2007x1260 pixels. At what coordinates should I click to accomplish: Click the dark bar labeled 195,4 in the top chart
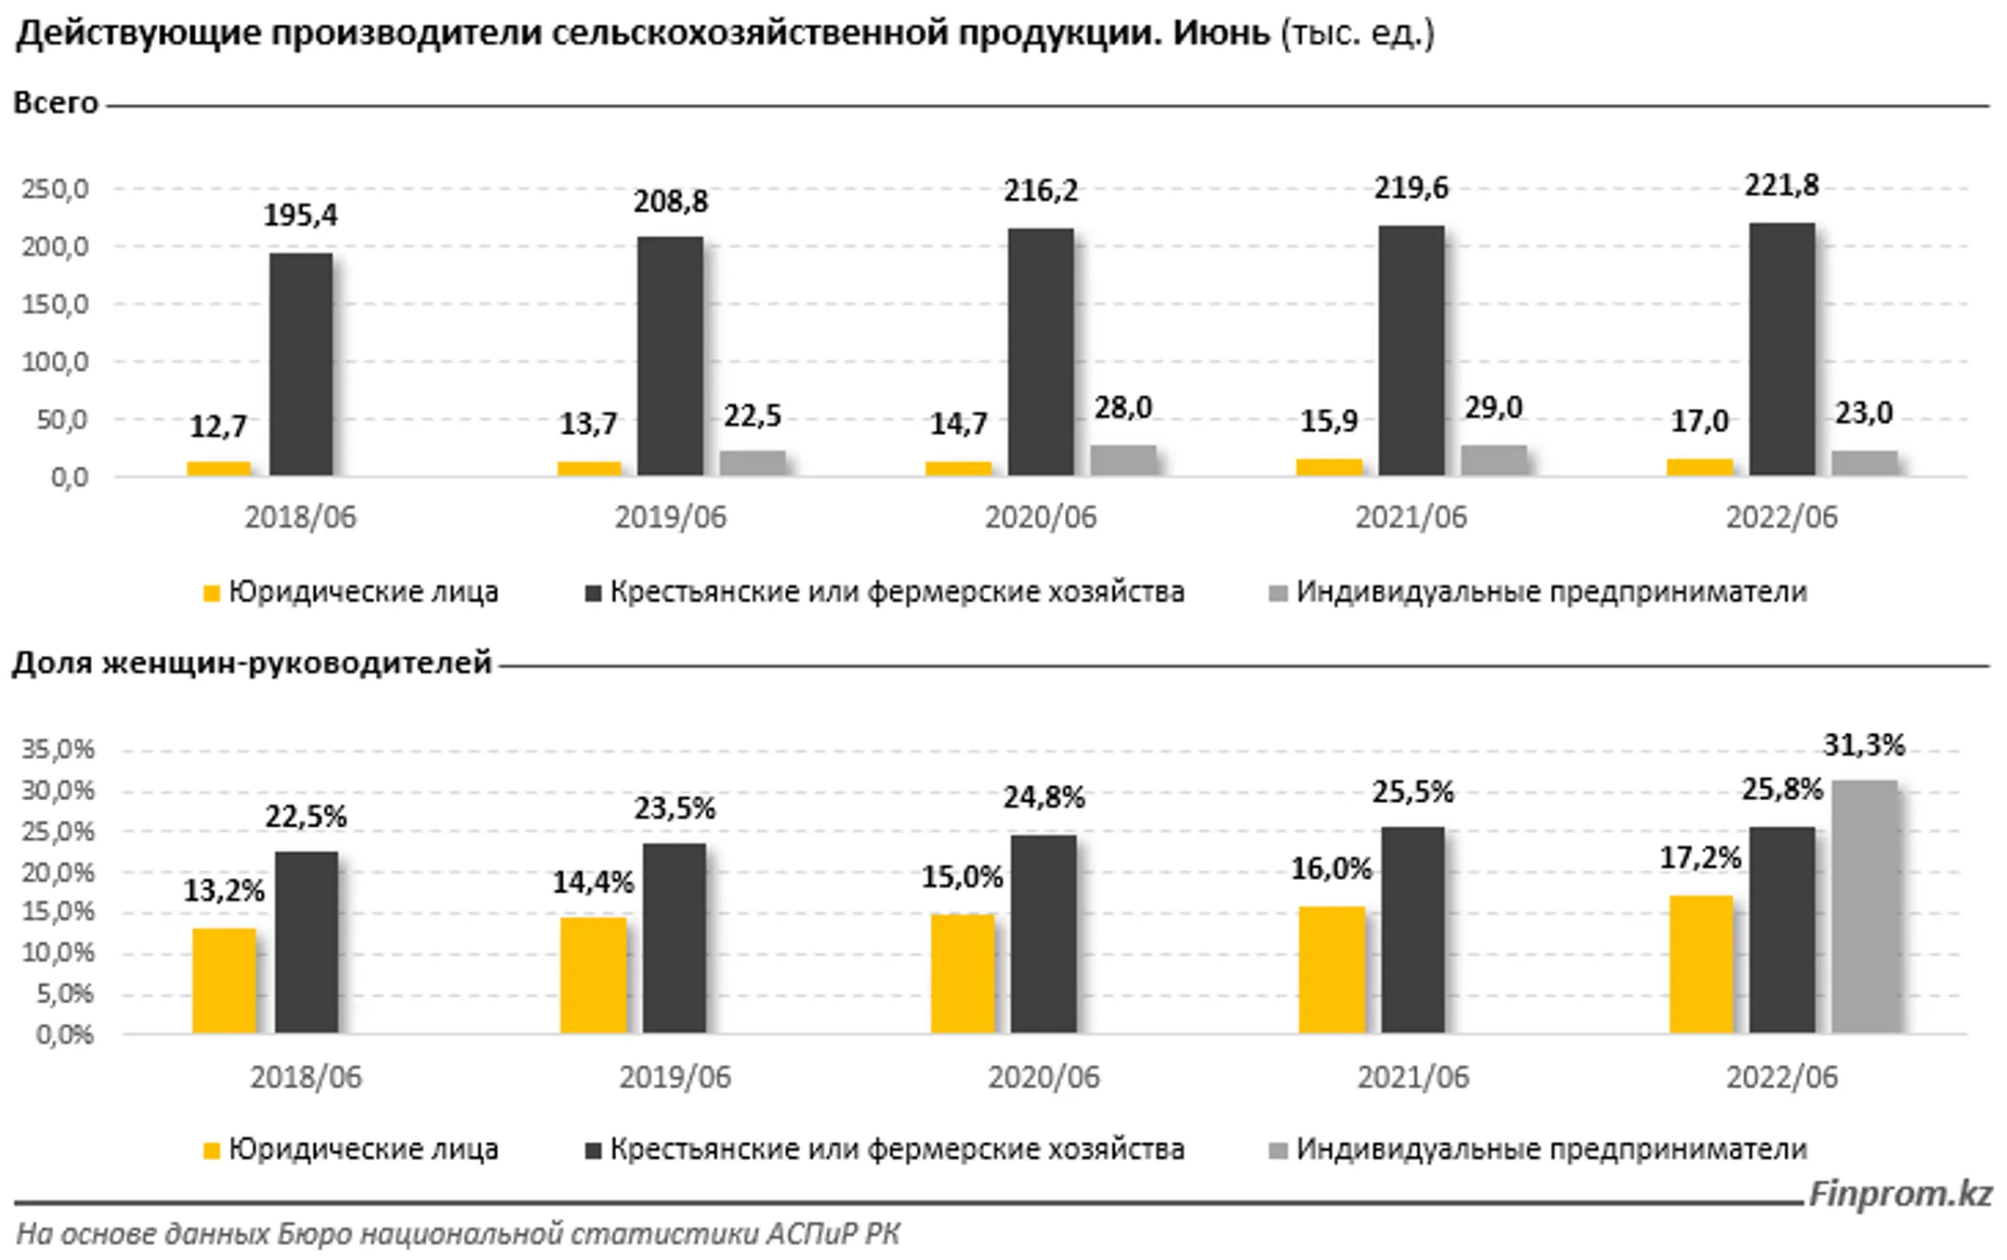click(x=301, y=364)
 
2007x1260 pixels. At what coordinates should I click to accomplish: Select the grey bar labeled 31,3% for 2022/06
click(x=1864, y=907)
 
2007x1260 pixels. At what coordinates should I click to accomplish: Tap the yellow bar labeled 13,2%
click(x=224, y=980)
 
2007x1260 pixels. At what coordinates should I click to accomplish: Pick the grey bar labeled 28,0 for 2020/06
click(x=1123, y=460)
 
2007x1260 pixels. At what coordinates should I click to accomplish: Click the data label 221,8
click(x=1781, y=186)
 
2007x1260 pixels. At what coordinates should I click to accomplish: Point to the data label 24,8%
click(x=1043, y=797)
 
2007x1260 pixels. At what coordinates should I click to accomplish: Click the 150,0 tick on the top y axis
click(x=56, y=305)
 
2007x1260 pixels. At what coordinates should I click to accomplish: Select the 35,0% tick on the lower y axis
click(x=58, y=749)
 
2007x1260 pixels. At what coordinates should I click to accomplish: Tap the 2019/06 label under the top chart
click(x=670, y=518)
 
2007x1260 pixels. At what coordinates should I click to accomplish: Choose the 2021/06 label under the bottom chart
click(x=1412, y=1077)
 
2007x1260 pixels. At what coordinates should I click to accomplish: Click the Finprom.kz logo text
click(x=1899, y=1193)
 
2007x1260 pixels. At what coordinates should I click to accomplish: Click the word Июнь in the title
click(x=1220, y=33)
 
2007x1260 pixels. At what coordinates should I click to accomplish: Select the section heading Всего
click(x=56, y=102)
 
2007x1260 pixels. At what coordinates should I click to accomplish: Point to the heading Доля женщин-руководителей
click(x=251, y=663)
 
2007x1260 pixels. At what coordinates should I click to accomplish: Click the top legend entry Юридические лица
click(x=362, y=592)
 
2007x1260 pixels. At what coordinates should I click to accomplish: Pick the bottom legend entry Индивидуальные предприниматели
click(x=1550, y=1149)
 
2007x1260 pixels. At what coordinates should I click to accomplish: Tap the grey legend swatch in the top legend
click(x=1279, y=593)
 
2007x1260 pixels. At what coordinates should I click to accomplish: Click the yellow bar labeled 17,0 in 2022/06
click(x=1699, y=466)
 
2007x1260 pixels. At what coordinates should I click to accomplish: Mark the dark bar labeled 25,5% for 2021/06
click(x=1412, y=929)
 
